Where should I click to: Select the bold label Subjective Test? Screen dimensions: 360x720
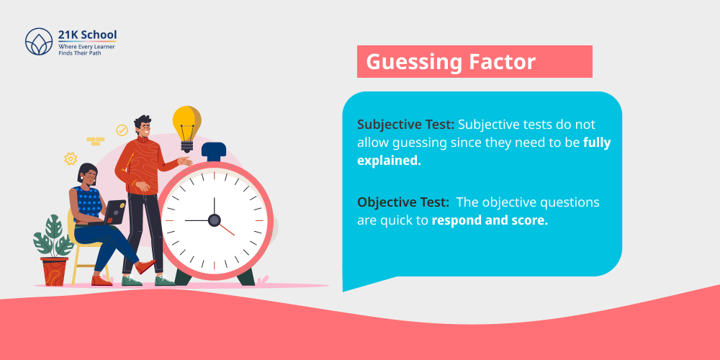point(405,125)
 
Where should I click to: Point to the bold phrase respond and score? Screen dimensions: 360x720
point(490,220)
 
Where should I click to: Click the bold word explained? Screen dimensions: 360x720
point(389,161)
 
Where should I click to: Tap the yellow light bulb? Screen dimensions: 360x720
point(186,125)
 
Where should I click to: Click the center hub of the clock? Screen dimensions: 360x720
point(214,220)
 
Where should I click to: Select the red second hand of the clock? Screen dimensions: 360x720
point(225,228)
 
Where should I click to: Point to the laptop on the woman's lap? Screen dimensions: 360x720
point(115,212)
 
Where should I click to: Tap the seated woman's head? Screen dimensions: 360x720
point(88,173)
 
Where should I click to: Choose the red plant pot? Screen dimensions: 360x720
point(54,271)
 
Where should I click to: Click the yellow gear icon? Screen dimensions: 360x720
point(71,158)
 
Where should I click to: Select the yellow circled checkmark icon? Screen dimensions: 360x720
point(122,130)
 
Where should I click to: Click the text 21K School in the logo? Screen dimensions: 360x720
point(87,35)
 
